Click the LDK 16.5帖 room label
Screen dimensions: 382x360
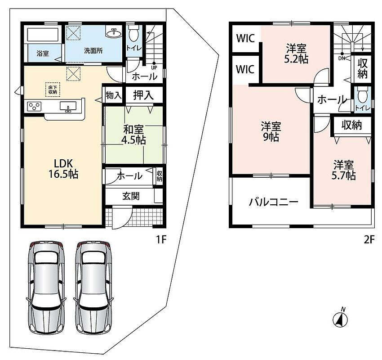(x=63, y=169)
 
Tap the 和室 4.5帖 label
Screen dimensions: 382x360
(x=133, y=135)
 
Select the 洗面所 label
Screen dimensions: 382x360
(x=93, y=51)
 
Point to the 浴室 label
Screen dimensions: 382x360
(x=43, y=53)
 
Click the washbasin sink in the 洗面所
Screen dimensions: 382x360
(x=114, y=32)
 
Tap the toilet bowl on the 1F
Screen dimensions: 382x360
(x=133, y=35)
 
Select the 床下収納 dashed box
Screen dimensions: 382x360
(x=53, y=90)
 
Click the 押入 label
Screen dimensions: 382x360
(x=143, y=95)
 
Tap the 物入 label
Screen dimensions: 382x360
(x=114, y=95)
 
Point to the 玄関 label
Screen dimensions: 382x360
(x=131, y=196)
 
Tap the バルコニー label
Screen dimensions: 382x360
(x=274, y=202)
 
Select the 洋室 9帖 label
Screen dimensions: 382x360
(x=271, y=132)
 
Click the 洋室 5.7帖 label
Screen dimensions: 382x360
(x=343, y=170)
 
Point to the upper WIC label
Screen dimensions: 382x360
(x=245, y=38)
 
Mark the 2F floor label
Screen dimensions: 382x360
(x=369, y=240)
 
